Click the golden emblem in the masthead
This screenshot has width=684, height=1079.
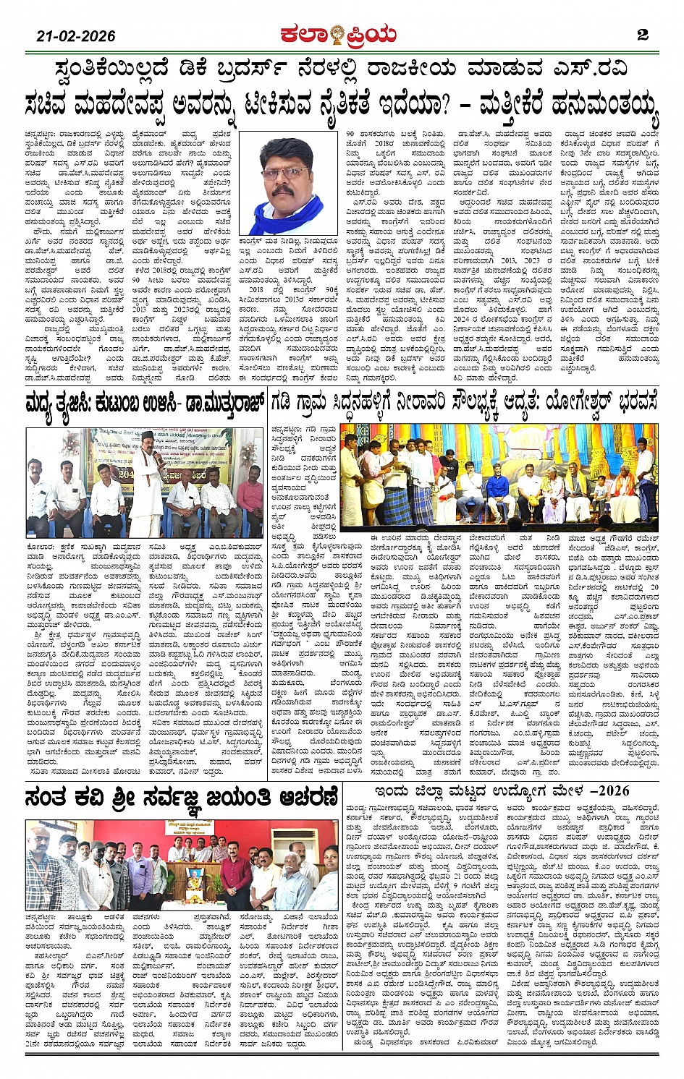[337, 35]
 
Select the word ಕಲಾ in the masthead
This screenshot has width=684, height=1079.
[304, 35]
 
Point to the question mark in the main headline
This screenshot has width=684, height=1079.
[440, 106]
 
